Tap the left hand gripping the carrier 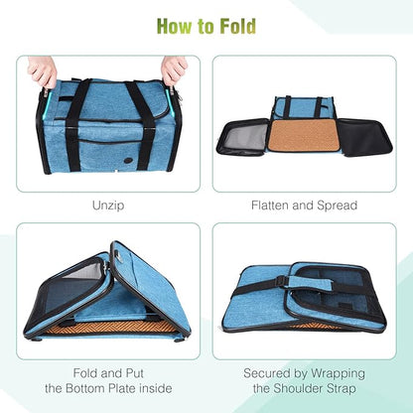point(43,70)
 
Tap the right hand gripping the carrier point(175,69)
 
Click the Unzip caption point(108,206)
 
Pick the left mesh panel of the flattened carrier point(243,136)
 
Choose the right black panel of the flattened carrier point(363,136)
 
